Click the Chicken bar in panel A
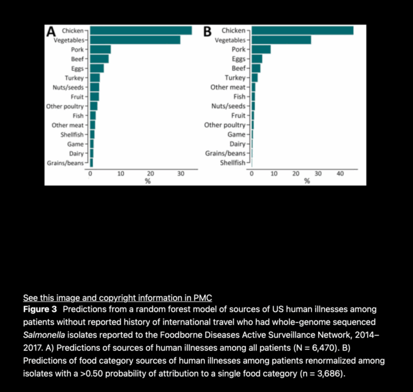141,30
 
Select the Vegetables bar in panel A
135,40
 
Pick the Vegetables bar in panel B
281,40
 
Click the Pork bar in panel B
261,49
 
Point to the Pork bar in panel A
100,49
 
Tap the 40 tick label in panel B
340,173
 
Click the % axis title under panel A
147,181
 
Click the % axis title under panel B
307,181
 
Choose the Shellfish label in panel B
233,162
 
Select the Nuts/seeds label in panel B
228,106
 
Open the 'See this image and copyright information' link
117,298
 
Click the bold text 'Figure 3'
41,309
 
